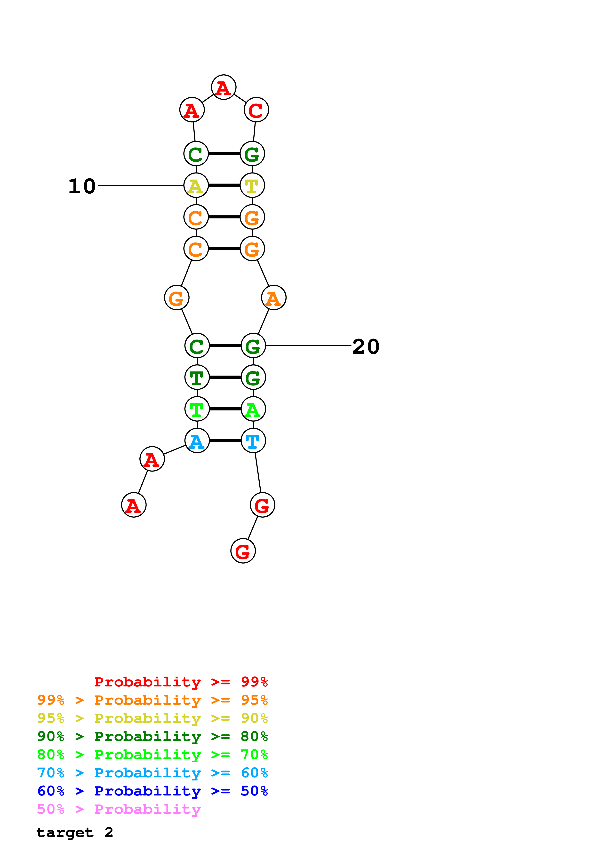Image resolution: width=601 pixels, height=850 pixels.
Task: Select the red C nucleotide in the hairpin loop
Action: [x=256, y=110]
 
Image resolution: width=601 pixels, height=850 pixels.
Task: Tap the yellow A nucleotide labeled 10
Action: [x=196, y=185]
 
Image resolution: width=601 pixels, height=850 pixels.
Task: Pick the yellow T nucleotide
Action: [x=252, y=185]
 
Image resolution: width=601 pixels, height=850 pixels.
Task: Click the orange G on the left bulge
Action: [x=177, y=297]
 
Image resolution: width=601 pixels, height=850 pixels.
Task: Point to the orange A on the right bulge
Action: [x=274, y=297]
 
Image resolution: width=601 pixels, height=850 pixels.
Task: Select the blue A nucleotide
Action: [x=197, y=441]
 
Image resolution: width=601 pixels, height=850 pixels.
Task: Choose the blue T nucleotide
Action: [x=253, y=441]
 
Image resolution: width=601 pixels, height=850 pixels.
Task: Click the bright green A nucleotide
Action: [x=253, y=409]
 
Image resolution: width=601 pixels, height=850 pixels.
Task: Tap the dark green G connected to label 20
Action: [x=253, y=346]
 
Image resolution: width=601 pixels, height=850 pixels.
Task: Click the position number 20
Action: [x=366, y=346]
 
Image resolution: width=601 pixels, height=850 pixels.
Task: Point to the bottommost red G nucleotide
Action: [x=243, y=551]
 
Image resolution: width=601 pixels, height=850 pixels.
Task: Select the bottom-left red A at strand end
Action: [x=134, y=505]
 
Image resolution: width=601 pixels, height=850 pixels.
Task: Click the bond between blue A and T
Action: [x=225, y=441]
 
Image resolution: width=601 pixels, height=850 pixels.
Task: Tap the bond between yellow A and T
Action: [x=224, y=185]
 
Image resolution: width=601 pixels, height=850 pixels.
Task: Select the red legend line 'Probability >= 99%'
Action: [x=181, y=682]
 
